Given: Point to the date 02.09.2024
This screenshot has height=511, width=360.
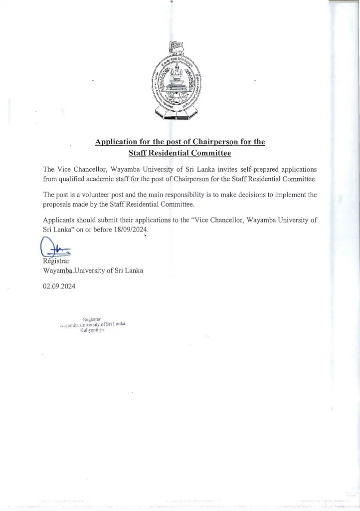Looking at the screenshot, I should point(59,286).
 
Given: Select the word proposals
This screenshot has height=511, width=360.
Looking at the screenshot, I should point(60,205).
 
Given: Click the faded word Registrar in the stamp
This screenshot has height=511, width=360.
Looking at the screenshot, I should point(92,318).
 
